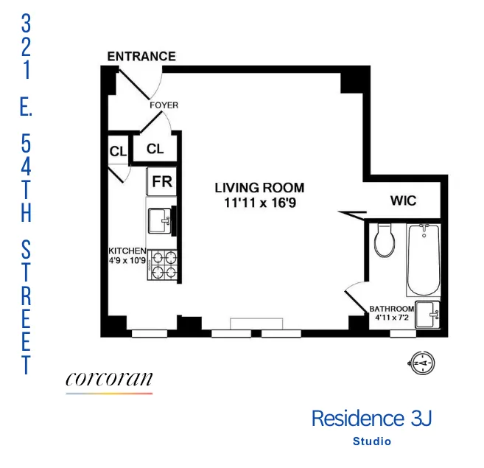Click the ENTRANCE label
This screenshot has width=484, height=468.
coord(141,56)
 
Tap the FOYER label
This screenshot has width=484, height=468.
coord(164,105)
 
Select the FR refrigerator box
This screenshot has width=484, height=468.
coord(162,181)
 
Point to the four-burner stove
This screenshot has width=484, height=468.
coord(164,265)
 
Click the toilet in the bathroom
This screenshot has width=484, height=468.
coord(384,240)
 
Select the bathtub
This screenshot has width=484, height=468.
coord(422,259)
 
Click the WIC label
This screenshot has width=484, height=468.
coord(402,201)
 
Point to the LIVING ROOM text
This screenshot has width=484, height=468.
coord(259,188)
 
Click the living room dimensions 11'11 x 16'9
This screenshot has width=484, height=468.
coord(259,202)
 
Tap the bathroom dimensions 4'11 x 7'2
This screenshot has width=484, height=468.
coord(390,318)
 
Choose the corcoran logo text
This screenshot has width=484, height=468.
coord(109,379)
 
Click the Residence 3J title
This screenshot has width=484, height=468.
coord(371,419)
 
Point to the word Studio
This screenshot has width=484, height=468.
coord(371,441)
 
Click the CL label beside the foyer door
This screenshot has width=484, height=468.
coord(155,148)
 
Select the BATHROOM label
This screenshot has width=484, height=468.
coord(390,309)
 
